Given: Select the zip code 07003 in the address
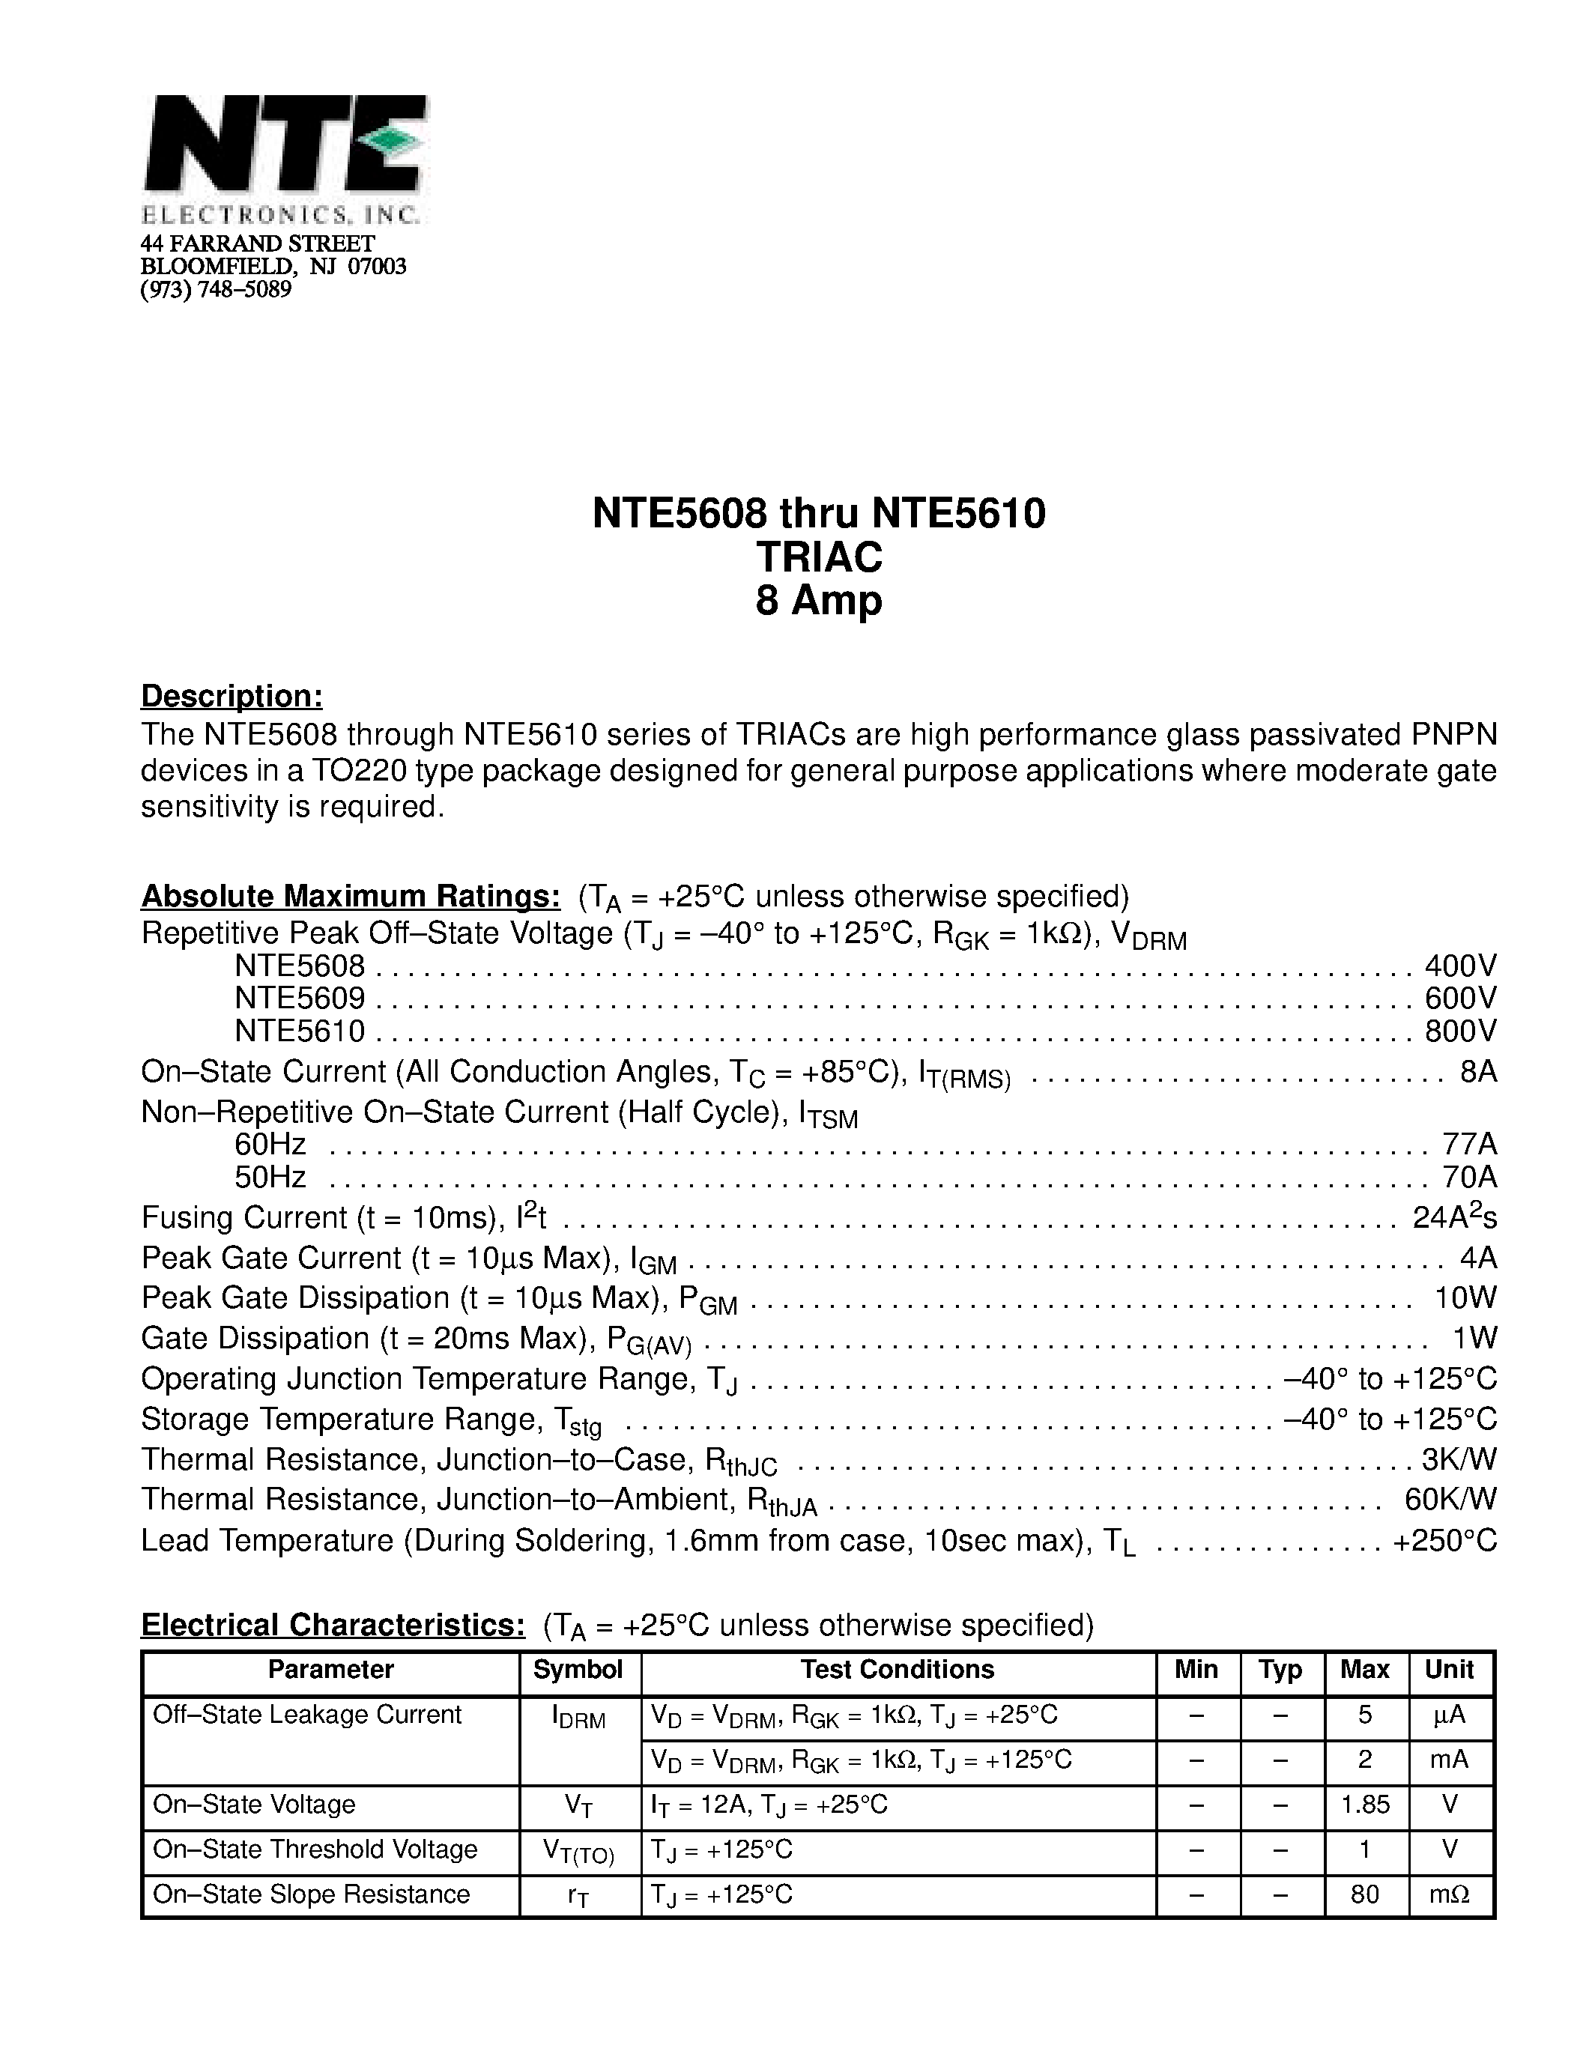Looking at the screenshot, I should (378, 267).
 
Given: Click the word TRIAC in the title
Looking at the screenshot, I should (819, 557).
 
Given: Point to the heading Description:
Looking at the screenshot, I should (232, 696).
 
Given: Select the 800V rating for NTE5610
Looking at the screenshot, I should (1461, 1031).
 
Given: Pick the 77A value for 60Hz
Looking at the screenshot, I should (1469, 1144).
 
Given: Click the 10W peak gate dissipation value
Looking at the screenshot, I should (1465, 1298).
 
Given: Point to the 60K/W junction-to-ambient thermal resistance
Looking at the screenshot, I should (1450, 1499).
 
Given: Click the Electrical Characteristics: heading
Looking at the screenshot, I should (333, 1626).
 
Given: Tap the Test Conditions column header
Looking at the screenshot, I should (897, 1670).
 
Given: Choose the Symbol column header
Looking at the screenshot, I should (578, 1670).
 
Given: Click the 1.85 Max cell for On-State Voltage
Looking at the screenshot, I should (1366, 1805).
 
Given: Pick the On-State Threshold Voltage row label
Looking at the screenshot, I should (315, 1850).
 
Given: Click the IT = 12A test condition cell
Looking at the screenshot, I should (769, 1805).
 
